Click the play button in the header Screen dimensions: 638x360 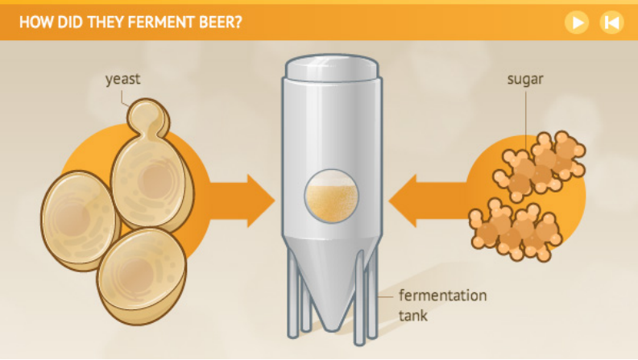pyautogui.click(x=577, y=23)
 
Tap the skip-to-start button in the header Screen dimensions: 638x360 pyautogui.click(x=611, y=23)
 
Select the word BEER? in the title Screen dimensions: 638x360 pyautogui.click(x=221, y=22)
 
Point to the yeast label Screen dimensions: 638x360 pyautogui.click(x=123, y=79)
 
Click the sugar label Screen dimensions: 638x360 pyautogui.click(x=525, y=79)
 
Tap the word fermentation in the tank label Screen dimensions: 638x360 pyautogui.click(x=443, y=296)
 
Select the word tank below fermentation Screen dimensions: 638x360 pyautogui.click(x=413, y=316)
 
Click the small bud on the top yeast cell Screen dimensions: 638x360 pyautogui.click(x=148, y=118)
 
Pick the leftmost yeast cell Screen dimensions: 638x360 pyautogui.click(x=79, y=221)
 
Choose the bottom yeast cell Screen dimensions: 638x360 pyautogui.click(x=141, y=275)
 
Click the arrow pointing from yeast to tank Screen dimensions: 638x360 pyautogui.click(x=242, y=201)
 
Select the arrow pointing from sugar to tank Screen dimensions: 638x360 pyautogui.click(x=427, y=201)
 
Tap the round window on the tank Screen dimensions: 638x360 pyautogui.click(x=332, y=196)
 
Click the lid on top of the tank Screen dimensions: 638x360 pyautogui.click(x=332, y=67)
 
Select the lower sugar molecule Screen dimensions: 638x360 pyautogui.click(x=516, y=230)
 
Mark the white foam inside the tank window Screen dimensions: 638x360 pyautogui.click(x=332, y=178)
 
